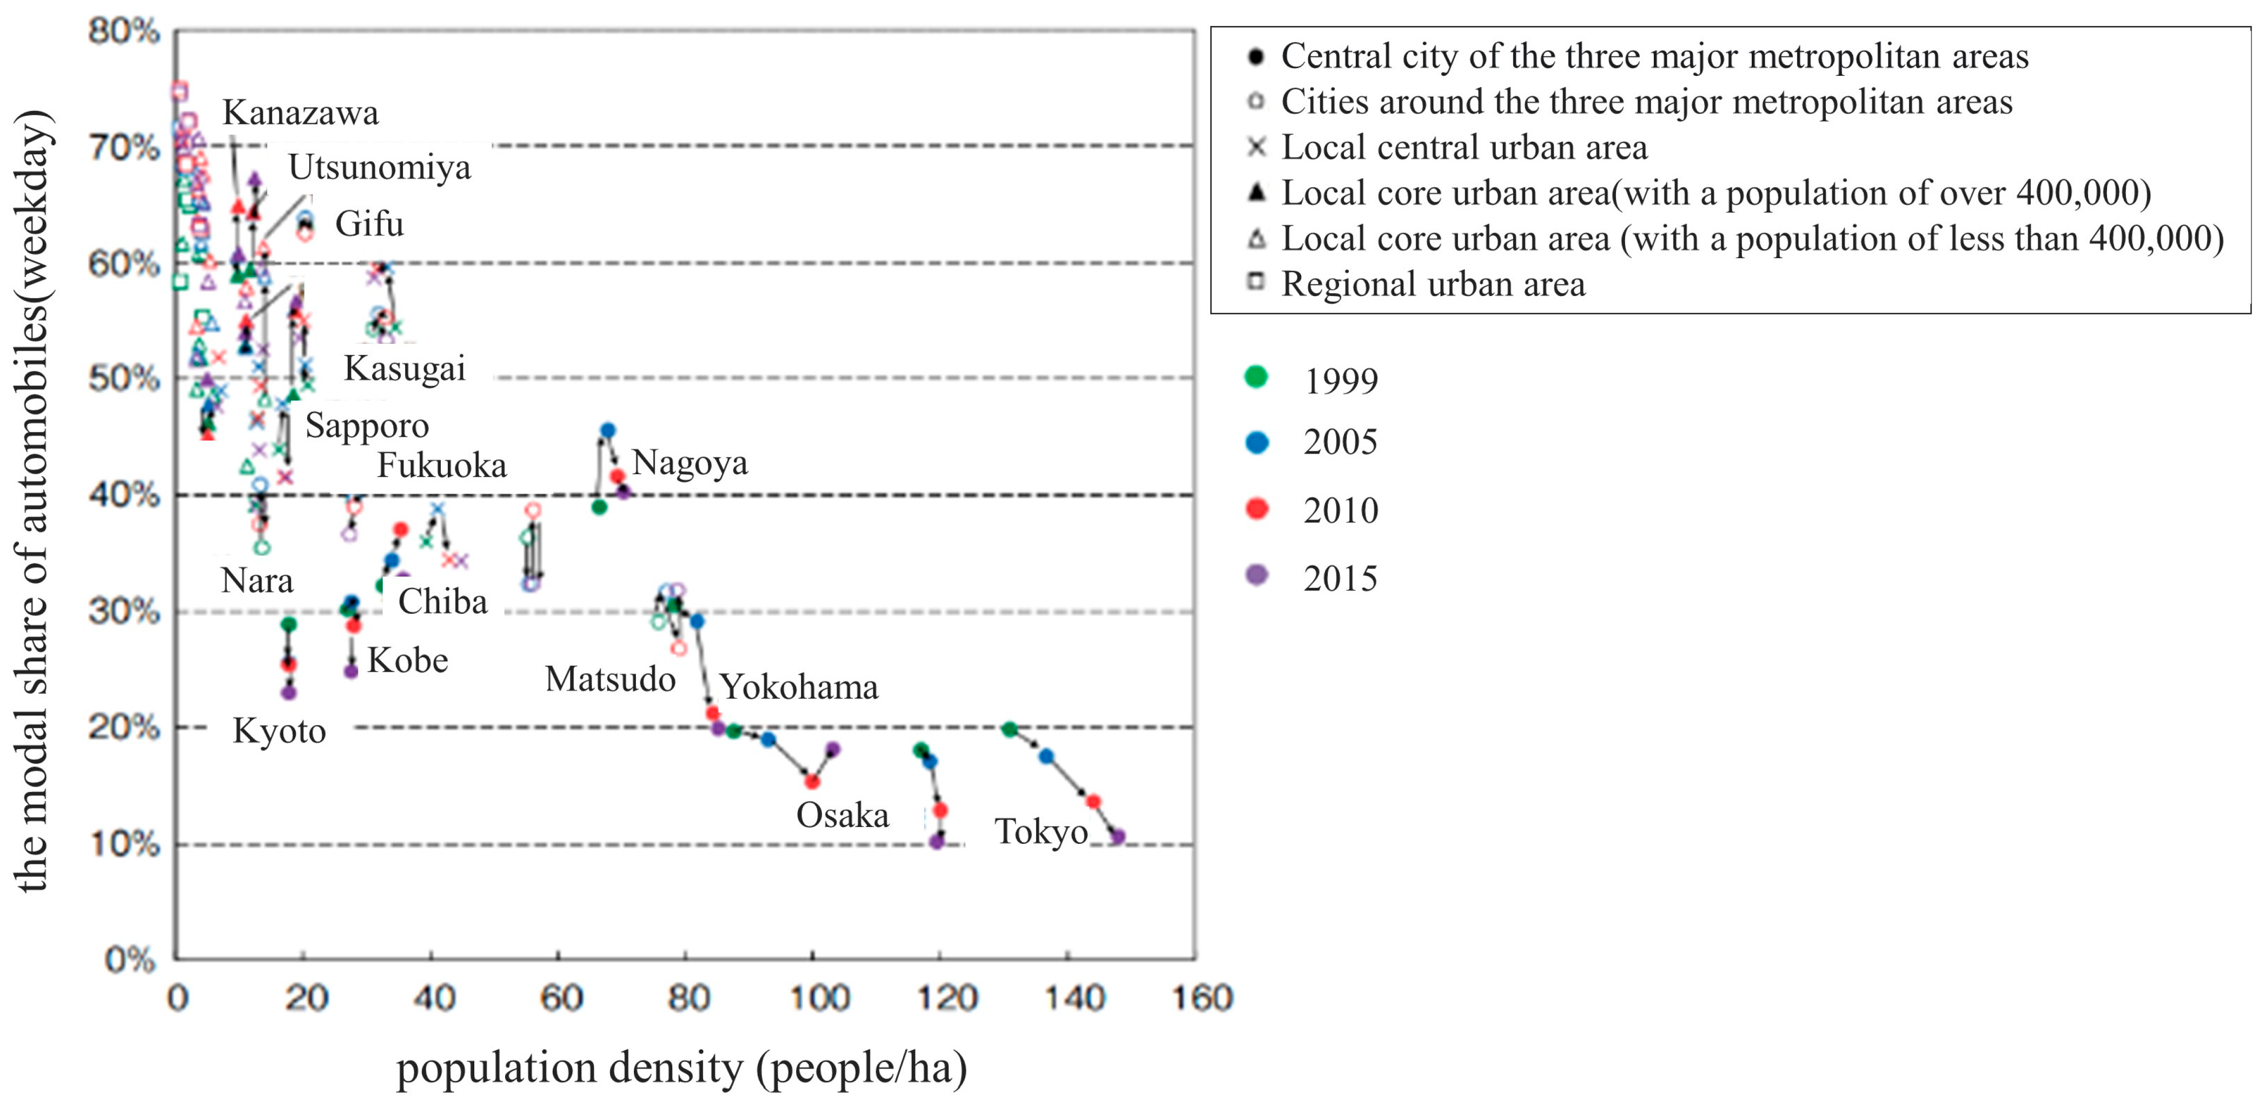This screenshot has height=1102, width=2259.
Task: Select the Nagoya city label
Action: (690, 462)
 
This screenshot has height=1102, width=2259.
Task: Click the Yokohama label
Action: (799, 687)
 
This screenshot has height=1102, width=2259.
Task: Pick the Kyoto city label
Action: (279, 731)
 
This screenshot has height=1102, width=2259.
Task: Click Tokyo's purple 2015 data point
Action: (1117, 837)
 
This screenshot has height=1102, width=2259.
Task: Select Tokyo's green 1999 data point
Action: (1009, 729)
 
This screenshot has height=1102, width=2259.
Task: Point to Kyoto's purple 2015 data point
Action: (288, 692)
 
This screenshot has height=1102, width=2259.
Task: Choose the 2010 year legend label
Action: (1340, 510)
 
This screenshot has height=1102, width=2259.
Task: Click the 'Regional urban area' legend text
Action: (1433, 284)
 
